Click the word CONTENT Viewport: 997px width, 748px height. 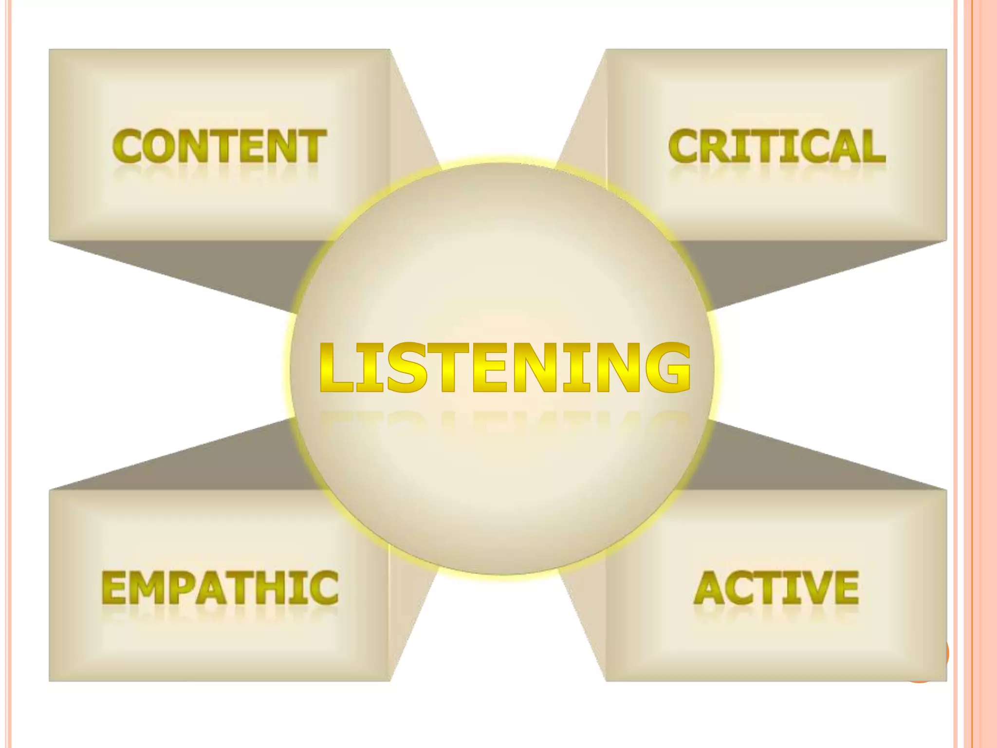tap(219, 146)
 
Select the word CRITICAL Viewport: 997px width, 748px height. tap(776, 146)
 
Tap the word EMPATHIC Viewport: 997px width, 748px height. tap(220, 588)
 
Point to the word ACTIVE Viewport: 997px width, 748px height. tap(776, 588)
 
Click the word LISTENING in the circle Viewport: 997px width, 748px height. tap(505, 367)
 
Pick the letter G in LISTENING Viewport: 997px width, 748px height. tap(666, 367)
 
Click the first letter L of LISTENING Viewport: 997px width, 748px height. tap(336, 367)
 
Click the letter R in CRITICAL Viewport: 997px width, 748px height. tap(715, 146)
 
